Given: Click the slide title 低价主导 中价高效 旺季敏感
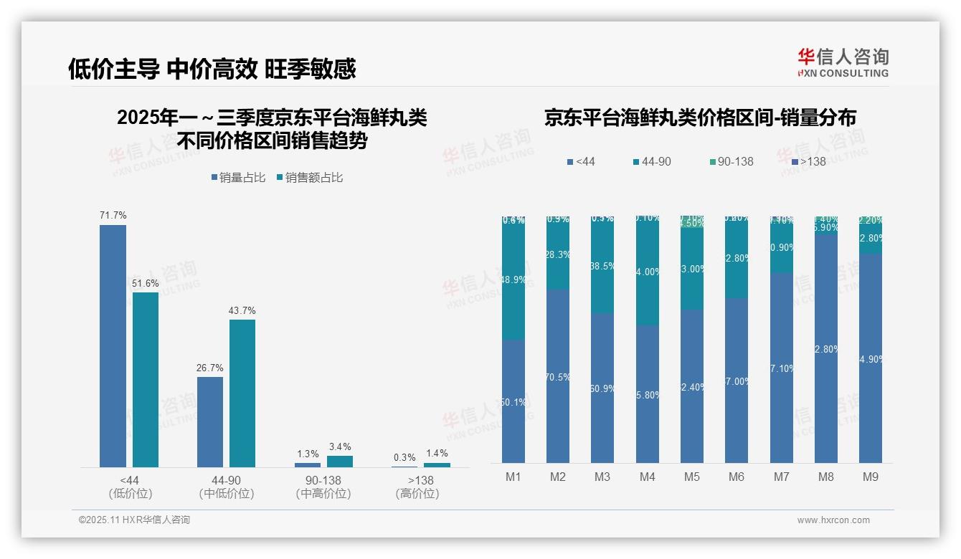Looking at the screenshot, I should (212, 69).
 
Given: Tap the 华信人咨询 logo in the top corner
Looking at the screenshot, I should (843, 62).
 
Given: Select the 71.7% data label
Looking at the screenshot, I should (113, 215).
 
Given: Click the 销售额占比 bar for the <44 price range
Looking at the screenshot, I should (146, 379).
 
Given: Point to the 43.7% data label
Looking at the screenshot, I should (242, 310).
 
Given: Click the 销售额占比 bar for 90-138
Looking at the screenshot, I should (340, 462).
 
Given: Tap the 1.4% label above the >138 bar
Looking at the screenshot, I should (436, 453).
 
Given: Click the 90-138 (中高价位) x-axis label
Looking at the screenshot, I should (323, 487).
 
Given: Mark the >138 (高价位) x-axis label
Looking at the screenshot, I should (417, 487).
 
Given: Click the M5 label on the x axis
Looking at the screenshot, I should (691, 477).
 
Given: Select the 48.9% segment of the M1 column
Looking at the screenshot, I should (513, 279).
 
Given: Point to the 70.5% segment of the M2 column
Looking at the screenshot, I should (558, 376).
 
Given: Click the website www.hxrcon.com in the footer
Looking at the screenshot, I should (833, 520).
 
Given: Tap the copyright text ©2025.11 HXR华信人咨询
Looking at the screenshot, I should (134, 520).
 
